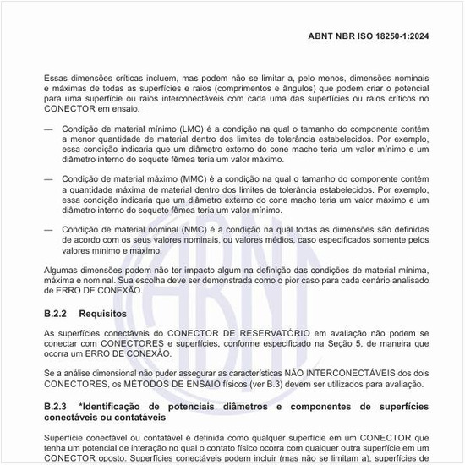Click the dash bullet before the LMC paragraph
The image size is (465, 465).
(49, 129)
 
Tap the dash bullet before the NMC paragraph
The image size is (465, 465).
(49, 229)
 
